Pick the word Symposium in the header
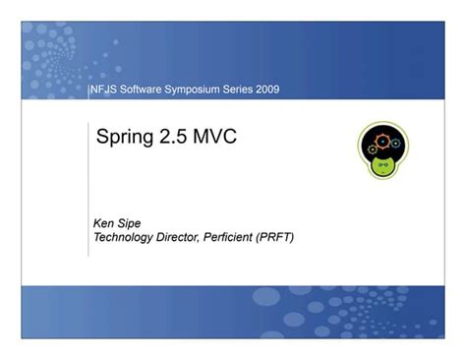tap(201, 90)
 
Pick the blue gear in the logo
tap(394, 144)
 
